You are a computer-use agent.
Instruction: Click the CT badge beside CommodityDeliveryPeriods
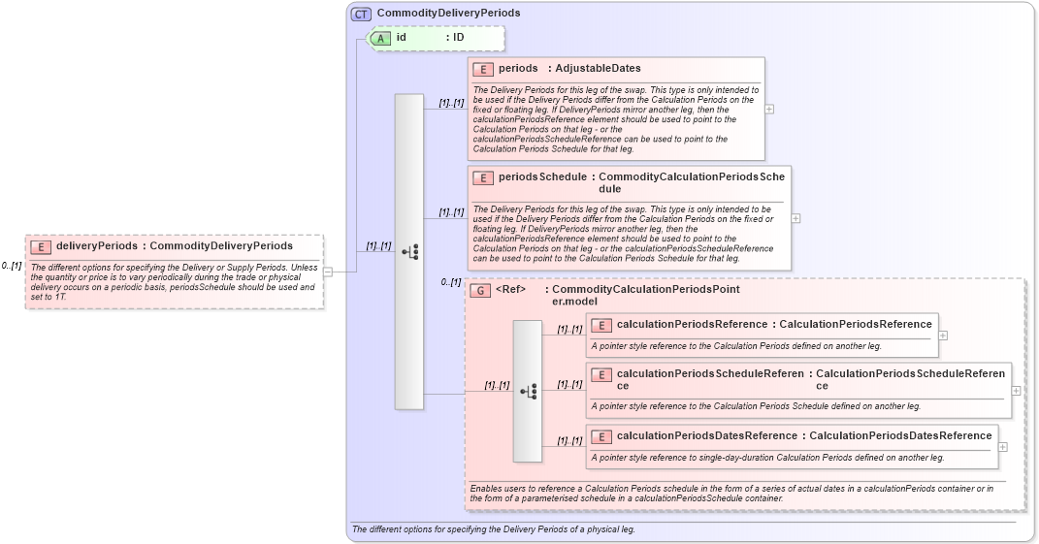(x=361, y=14)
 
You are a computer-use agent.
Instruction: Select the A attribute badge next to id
(x=381, y=38)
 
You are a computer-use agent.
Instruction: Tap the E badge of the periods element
(x=483, y=69)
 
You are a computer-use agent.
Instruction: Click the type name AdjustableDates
(x=598, y=69)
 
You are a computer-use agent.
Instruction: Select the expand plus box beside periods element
(x=769, y=109)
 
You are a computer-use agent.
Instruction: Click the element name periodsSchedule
(x=542, y=177)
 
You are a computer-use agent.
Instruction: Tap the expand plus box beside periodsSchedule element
(x=796, y=218)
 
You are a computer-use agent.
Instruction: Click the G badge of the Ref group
(x=480, y=290)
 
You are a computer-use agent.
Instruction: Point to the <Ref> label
(x=511, y=289)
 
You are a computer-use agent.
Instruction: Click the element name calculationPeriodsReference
(x=692, y=324)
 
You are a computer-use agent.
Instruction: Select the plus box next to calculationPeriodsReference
(x=943, y=336)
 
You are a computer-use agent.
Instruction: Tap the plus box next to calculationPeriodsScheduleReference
(x=1016, y=390)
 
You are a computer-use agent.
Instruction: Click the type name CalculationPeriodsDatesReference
(x=900, y=435)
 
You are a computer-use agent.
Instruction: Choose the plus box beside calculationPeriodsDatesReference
(x=1003, y=447)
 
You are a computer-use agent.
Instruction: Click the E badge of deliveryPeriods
(x=41, y=246)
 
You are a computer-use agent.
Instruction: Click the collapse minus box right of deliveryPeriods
(x=328, y=272)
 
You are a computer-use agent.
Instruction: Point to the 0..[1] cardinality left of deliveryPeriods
(x=12, y=266)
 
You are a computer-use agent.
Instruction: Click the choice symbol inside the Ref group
(x=528, y=391)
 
